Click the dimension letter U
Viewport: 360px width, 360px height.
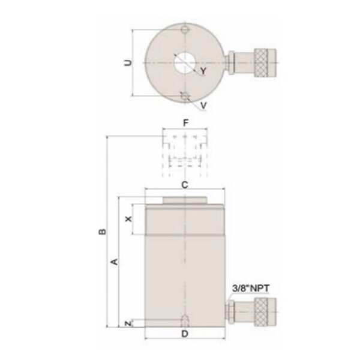[x=125, y=62]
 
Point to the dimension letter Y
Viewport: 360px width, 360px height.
[x=203, y=71]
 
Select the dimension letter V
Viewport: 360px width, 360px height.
[x=204, y=105]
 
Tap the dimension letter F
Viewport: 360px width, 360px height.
[x=186, y=122]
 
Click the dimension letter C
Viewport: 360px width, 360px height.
[x=185, y=185]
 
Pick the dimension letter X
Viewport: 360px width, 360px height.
[x=128, y=220]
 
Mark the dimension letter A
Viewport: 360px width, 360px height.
[x=114, y=262]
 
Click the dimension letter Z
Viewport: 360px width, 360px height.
[x=128, y=324]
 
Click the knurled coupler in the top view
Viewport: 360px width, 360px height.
[x=265, y=62]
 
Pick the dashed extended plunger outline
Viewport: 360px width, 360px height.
[x=186, y=153]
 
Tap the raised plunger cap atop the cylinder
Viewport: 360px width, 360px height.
[x=185, y=201]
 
